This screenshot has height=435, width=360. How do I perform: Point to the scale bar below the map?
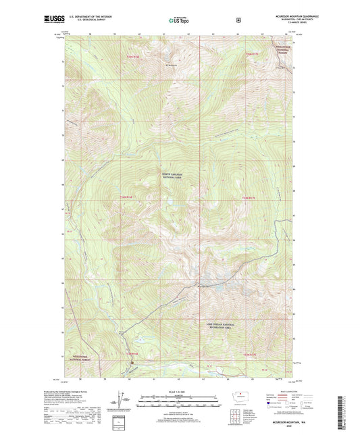pos(180,403)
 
